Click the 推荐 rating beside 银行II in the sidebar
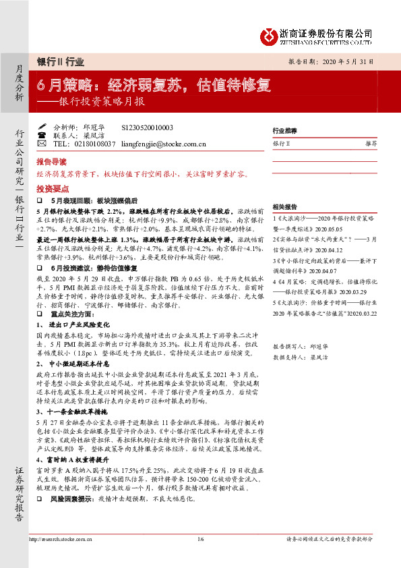(371, 144)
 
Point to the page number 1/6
(200, 539)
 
